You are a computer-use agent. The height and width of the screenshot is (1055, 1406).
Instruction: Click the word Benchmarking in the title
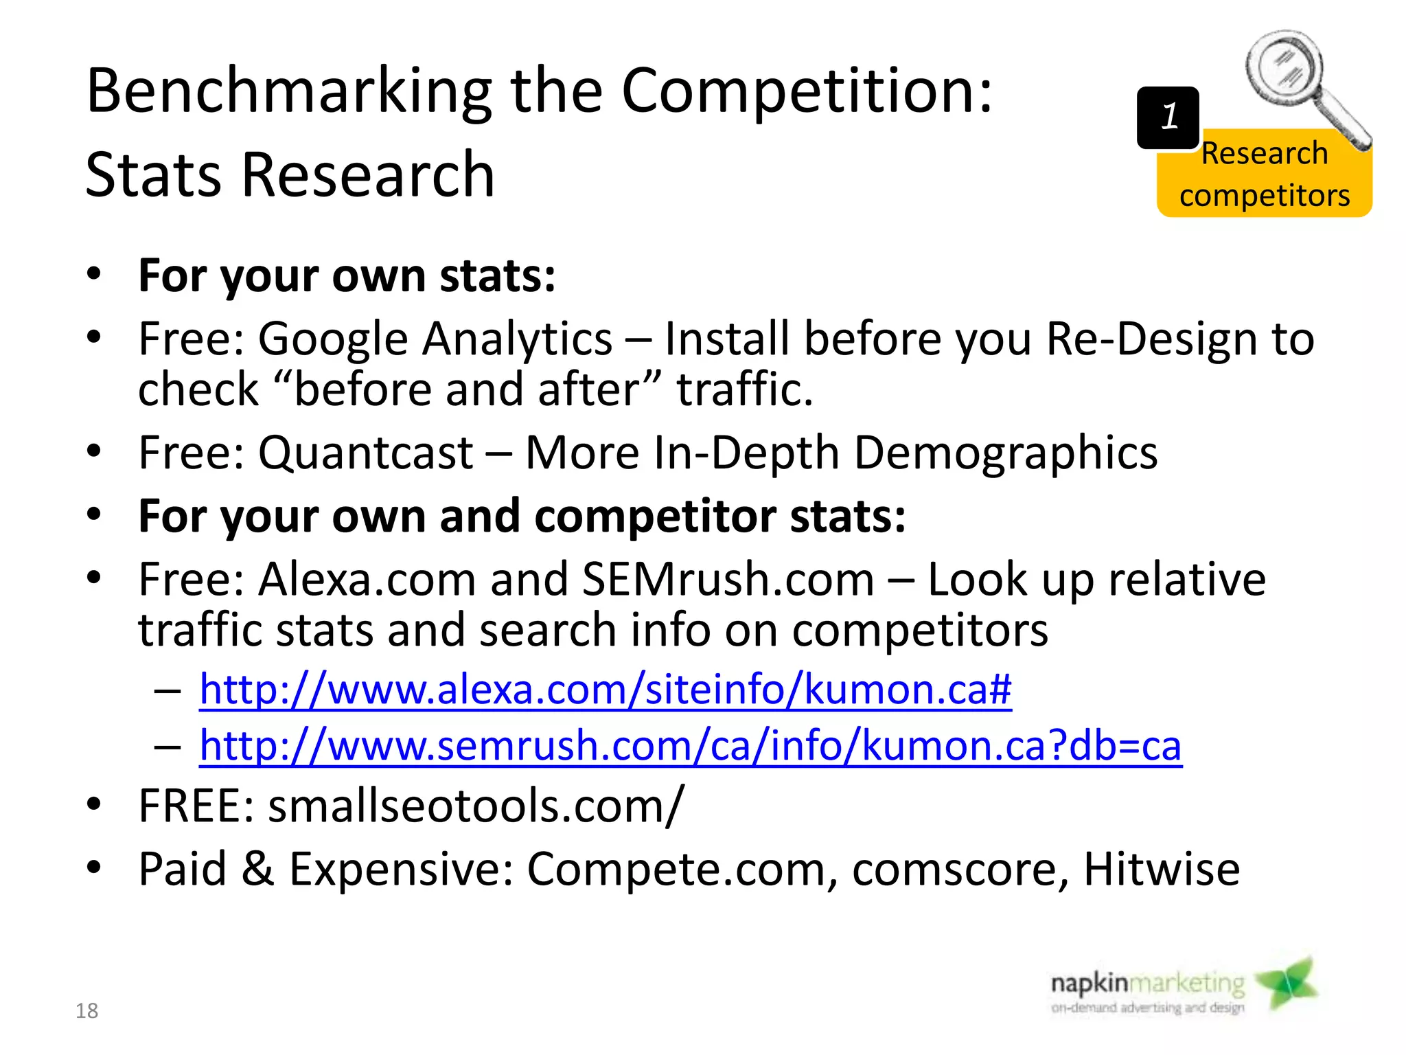pyautogui.click(x=289, y=93)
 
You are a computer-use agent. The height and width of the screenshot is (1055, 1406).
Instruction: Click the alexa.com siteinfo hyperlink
pyautogui.click(x=605, y=689)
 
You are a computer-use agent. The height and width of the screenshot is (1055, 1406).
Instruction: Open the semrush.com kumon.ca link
pyautogui.click(x=690, y=745)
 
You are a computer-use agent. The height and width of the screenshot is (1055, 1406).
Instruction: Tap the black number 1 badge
pyautogui.click(x=1168, y=117)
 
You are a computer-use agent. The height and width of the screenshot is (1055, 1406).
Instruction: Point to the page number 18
pyautogui.click(x=87, y=1010)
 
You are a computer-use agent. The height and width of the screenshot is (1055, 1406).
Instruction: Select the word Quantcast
pyautogui.click(x=365, y=453)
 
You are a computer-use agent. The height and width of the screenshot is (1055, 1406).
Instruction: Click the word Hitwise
pyautogui.click(x=1161, y=870)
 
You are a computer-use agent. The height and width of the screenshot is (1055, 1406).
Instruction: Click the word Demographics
pyautogui.click(x=1006, y=453)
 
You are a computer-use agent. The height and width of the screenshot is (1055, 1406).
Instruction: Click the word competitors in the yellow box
pyautogui.click(x=1265, y=196)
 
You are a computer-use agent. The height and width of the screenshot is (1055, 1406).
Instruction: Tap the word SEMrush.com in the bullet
pyautogui.click(x=728, y=580)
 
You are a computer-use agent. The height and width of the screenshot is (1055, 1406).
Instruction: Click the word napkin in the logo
pyautogui.click(x=1090, y=984)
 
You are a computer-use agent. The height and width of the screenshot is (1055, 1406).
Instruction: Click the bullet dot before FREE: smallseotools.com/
pyautogui.click(x=94, y=804)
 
